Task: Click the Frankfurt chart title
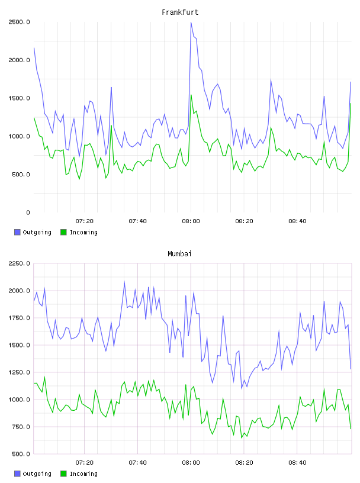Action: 180,12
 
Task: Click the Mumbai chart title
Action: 179,254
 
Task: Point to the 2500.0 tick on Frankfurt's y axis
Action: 19,22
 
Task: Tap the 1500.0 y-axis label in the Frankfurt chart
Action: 19,98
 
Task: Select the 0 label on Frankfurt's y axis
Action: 28,212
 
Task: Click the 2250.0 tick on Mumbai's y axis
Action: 19,263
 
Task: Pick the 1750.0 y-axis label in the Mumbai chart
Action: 19,318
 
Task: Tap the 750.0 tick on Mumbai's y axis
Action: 21,427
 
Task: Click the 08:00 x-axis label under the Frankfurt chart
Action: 191,221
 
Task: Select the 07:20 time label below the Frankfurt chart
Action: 85,221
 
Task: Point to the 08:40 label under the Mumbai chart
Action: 297,463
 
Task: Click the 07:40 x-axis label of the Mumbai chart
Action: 137,463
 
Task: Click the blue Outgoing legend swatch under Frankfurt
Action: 17,232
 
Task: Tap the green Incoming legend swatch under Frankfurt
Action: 63,232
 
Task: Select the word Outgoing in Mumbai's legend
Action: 37,474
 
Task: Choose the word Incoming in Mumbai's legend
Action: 83,474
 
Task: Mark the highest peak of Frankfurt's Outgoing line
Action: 191,22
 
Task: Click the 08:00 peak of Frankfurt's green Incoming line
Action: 191,95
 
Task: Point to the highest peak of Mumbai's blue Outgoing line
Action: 124,282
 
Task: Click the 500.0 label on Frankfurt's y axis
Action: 21,175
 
